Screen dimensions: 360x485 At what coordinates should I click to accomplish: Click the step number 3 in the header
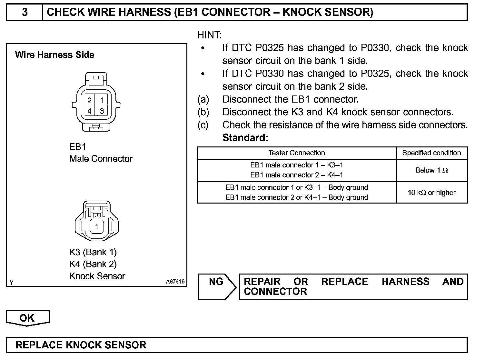[25, 12]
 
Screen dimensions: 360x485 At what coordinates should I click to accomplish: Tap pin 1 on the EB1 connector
[102, 100]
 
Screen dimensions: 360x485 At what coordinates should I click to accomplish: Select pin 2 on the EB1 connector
[89, 100]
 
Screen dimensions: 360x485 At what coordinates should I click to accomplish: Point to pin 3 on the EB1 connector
[102, 111]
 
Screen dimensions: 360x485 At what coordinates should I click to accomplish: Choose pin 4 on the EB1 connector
[89, 111]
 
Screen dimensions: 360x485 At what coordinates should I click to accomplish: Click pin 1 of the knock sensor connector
[96, 226]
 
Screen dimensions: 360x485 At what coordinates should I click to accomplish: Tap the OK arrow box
[27, 318]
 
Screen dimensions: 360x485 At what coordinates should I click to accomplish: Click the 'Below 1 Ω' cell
[431, 170]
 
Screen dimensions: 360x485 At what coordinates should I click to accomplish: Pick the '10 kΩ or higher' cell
[431, 193]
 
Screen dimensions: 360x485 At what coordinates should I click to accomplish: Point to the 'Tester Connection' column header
[296, 153]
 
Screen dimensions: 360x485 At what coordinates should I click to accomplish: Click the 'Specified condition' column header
[431, 153]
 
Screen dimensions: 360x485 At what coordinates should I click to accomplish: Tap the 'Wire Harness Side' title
[54, 55]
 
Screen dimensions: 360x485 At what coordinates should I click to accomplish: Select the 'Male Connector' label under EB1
[101, 159]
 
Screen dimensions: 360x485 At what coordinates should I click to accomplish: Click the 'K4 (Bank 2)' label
[93, 264]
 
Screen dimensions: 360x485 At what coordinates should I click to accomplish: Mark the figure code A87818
[175, 282]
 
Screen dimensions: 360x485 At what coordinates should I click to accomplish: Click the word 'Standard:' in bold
[245, 138]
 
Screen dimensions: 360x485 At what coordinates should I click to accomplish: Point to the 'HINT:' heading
[209, 35]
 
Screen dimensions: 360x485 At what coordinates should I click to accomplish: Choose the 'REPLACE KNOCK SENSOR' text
[81, 345]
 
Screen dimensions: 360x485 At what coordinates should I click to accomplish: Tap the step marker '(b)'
[203, 112]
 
